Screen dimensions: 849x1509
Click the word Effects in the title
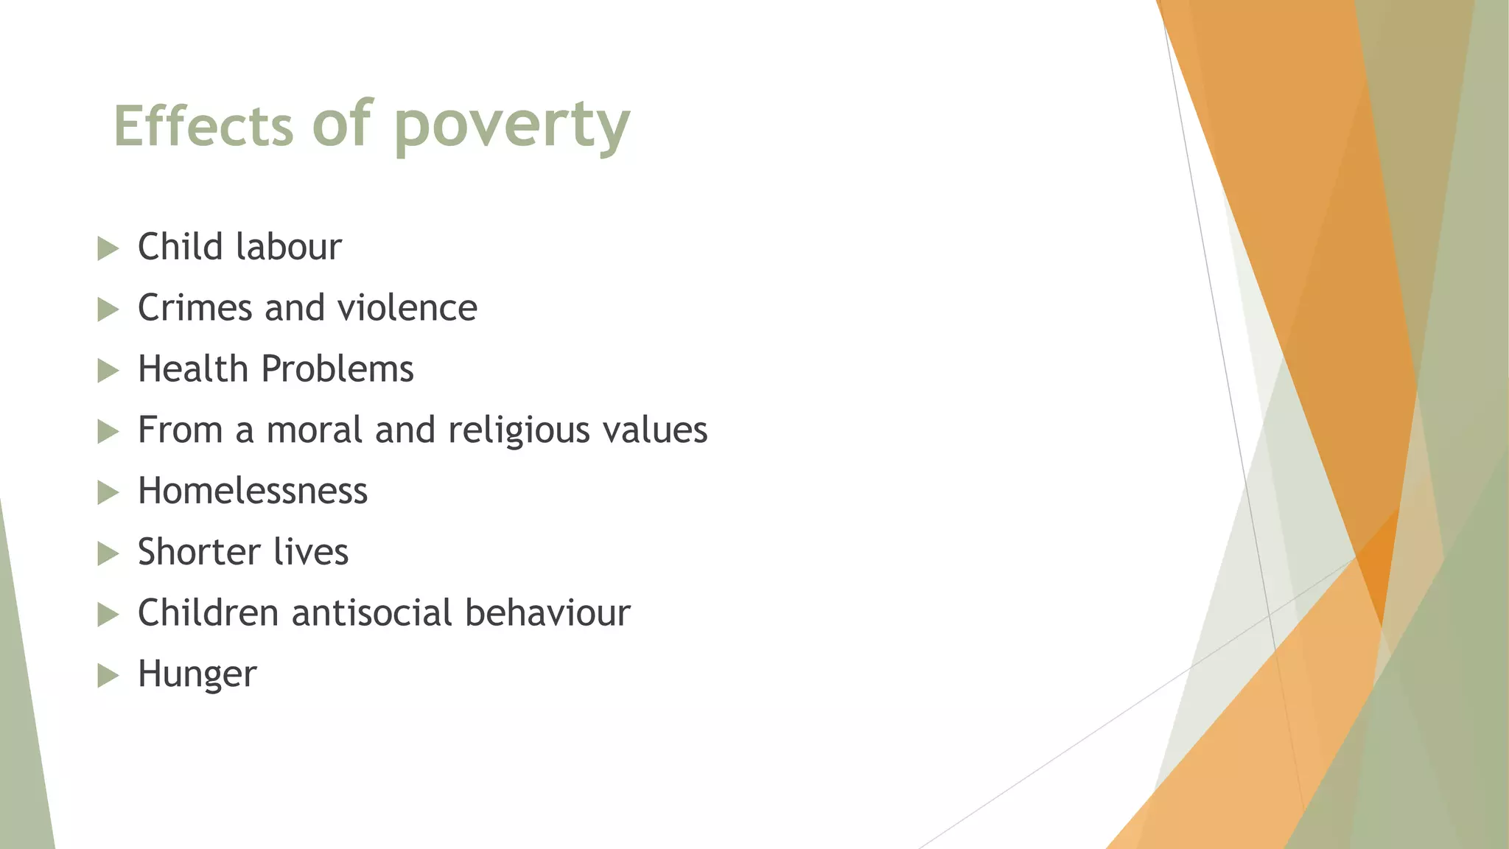tap(203, 126)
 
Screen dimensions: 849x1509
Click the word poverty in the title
tap(511, 126)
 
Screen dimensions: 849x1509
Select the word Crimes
tap(195, 308)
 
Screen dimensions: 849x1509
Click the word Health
tap(192, 369)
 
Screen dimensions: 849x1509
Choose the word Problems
tap(337, 369)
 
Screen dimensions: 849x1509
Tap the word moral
tap(315, 430)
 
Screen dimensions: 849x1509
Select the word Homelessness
tap(252, 492)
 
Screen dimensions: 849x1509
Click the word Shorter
tap(199, 552)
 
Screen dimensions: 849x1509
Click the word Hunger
tap(197, 674)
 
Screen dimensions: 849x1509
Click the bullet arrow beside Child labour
tap(108, 248)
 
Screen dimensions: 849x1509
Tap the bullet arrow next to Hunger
tap(108, 675)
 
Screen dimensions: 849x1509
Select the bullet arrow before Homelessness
tap(108, 492)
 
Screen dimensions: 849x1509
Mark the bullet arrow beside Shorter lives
tap(108, 553)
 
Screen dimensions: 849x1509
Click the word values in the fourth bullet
tap(654, 430)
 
